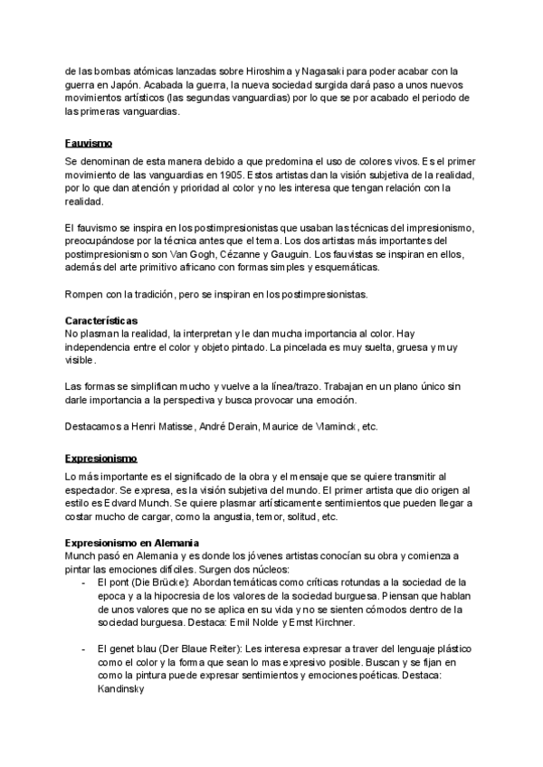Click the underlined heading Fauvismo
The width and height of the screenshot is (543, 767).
click(x=88, y=143)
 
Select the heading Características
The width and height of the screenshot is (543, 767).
click(x=101, y=321)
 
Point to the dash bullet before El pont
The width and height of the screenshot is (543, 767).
click(x=83, y=582)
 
